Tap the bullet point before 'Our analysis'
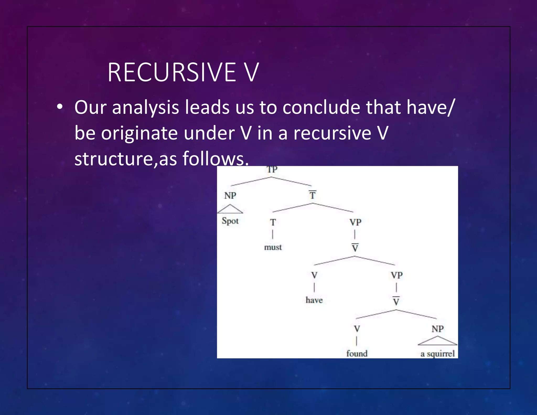point(60,107)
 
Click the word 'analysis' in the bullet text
point(145,107)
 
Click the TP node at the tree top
point(272,170)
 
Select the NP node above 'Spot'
point(230,195)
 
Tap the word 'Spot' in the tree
point(230,221)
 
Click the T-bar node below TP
point(312,195)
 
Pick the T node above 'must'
point(273,222)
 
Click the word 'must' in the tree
point(273,247)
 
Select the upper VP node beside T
point(355,222)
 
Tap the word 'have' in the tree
point(314,300)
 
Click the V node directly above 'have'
point(314,275)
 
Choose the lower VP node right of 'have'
point(396,275)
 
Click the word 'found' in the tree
point(357,354)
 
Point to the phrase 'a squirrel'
point(437,354)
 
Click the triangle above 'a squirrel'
point(437,341)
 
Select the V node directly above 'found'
point(357,329)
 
